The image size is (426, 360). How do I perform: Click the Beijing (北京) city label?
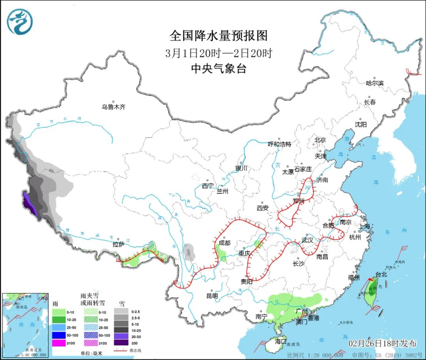(x=320, y=140)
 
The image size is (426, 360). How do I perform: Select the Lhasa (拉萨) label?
(x=118, y=244)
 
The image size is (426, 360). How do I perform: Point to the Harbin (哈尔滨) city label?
(x=375, y=83)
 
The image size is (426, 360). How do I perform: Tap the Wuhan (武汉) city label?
(x=307, y=240)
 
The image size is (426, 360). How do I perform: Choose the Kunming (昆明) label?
(x=211, y=295)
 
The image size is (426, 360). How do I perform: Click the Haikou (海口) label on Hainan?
(x=280, y=341)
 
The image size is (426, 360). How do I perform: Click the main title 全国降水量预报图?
(x=219, y=36)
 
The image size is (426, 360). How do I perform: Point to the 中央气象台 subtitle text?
(x=219, y=69)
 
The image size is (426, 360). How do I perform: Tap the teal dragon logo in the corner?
(x=20, y=22)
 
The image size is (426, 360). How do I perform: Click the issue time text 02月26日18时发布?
(x=382, y=343)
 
